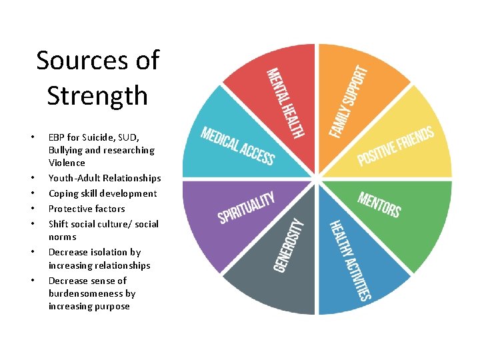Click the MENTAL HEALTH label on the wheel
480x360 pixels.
[285, 103]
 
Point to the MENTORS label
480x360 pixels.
[379, 205]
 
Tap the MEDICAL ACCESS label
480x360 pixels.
[238, 145]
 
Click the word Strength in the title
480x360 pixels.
[97, 95]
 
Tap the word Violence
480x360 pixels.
[67, 163]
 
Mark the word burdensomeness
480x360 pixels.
[86, 293]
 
